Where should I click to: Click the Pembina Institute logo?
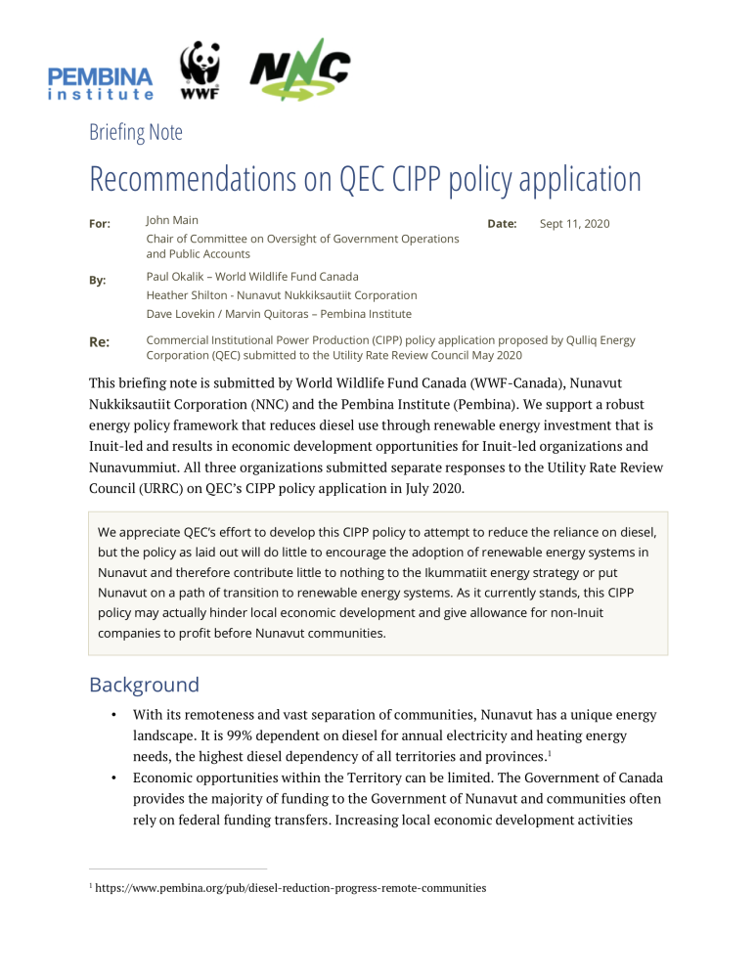pos(100,82)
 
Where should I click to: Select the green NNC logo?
pos(299,69)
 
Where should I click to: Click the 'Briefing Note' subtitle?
pos(135,132)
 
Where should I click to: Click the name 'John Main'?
pos(172,221)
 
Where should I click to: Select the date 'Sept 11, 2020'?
pos(574,224)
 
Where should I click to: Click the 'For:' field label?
pos(100,224)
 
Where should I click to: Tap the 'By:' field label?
pos(98,280)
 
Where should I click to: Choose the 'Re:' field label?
pos(100,341)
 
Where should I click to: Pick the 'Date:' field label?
pos(502,224)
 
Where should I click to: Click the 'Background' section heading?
pos(144,684)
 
